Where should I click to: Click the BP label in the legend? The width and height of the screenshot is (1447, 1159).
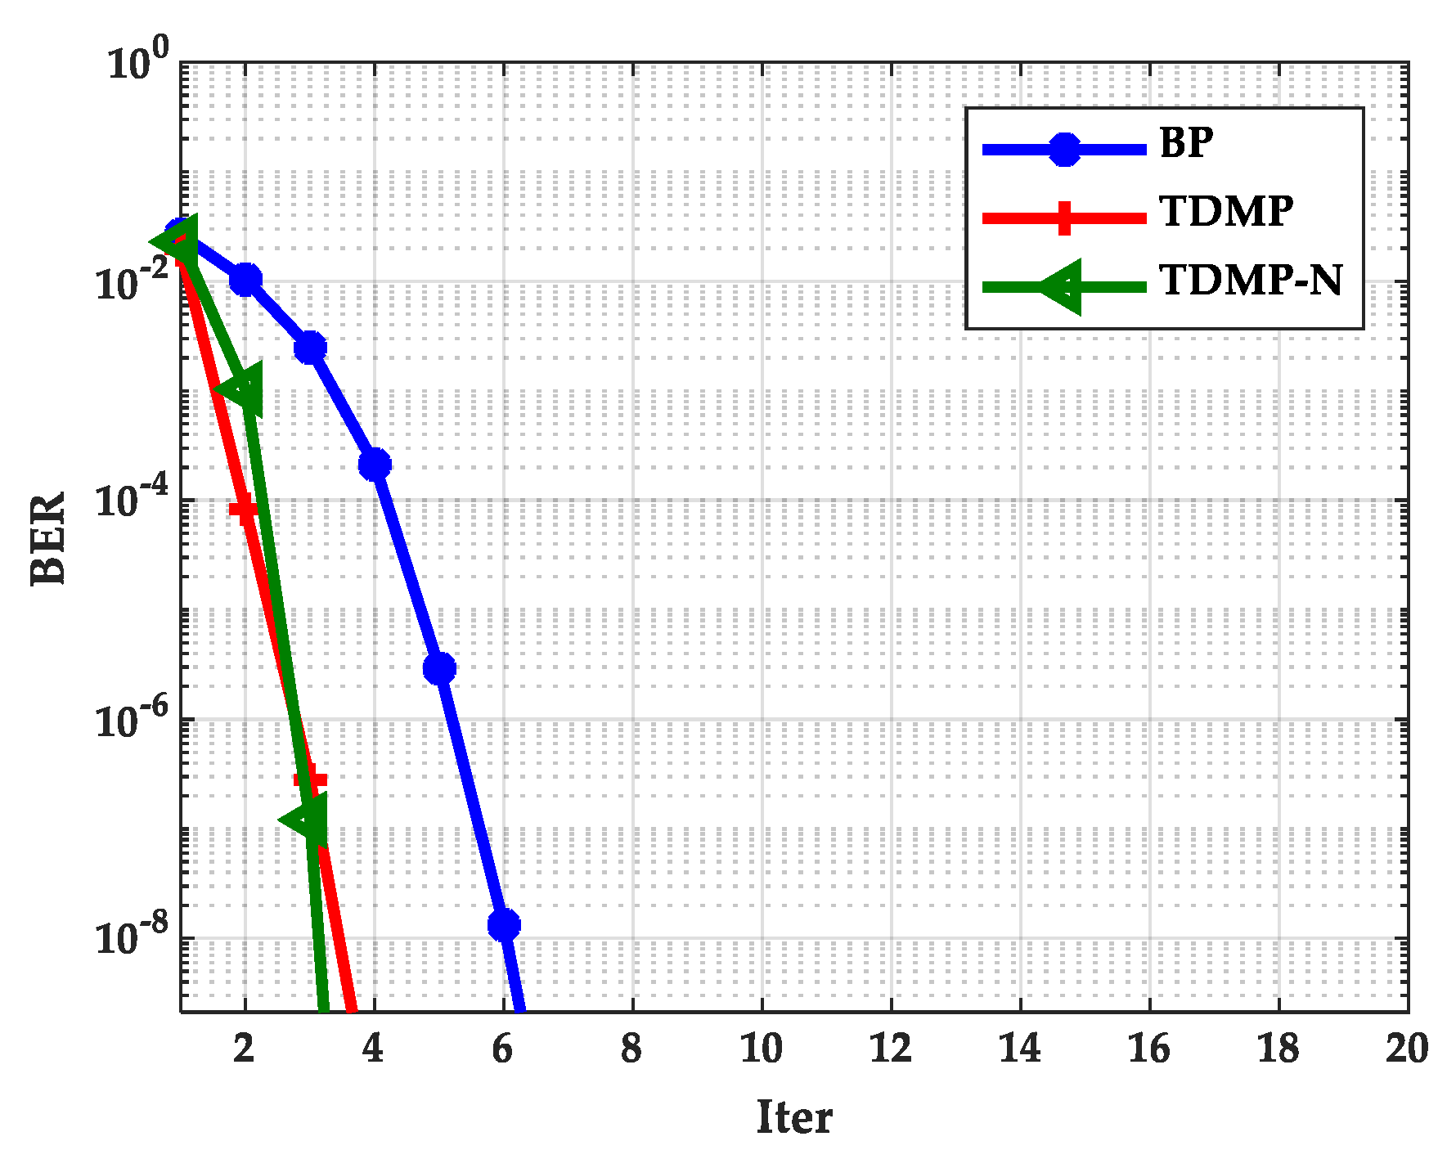1185,143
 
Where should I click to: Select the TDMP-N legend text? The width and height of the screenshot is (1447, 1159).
1251,281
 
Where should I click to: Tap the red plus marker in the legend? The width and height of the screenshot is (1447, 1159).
1063,218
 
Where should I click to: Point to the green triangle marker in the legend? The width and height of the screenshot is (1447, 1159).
1062,286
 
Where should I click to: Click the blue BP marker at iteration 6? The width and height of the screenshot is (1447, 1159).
504,925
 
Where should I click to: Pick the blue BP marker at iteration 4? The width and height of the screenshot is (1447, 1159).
375,465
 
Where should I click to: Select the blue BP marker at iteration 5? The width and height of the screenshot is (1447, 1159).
439,668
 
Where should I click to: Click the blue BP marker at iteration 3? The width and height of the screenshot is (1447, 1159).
310,348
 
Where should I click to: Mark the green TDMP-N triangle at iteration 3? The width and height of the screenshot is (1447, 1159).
308,820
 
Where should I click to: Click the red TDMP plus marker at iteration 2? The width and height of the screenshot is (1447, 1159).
244,510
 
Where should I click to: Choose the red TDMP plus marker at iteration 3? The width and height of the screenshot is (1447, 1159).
310,779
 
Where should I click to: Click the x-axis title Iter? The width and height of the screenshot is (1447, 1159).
793,1117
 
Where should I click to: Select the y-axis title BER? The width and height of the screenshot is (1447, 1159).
49,537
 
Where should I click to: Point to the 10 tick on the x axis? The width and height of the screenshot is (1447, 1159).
761,1049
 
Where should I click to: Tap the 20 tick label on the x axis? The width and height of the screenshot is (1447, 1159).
1406,1049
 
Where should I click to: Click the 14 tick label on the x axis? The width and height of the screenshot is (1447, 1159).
1019,1049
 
